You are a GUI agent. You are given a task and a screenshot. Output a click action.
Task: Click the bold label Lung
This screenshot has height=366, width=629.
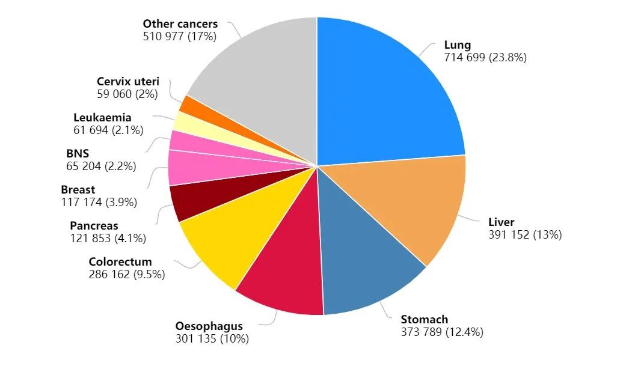458,45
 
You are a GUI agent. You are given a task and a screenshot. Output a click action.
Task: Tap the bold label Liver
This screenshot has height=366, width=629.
501,222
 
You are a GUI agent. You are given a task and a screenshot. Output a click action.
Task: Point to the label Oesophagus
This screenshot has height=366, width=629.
209,326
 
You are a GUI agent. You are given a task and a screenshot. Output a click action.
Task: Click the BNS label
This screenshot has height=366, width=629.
78,154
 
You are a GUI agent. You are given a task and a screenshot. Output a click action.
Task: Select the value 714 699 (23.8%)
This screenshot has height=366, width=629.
485,58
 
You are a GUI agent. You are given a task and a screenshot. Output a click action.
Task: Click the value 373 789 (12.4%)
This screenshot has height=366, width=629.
442,332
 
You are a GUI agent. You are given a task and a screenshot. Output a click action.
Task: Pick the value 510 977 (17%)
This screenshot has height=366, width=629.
180,36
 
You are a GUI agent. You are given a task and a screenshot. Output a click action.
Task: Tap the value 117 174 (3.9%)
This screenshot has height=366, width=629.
99,203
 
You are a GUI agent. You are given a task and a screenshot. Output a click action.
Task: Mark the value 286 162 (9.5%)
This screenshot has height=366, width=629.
127,274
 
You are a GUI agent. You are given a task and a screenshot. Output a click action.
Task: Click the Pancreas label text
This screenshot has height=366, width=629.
94,226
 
